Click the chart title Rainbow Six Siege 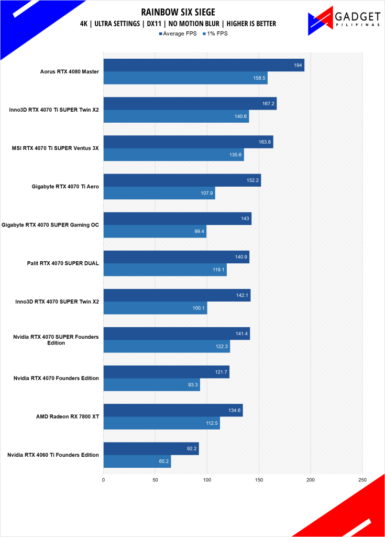click(x=178, y=12)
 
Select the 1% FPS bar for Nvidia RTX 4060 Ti click(x=137, y=461)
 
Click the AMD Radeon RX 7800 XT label click(x=68, y=416)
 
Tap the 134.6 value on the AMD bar click(x=235, y=410)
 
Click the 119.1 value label click(x=218, y=270)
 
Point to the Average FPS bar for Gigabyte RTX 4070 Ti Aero click(x=182, y=180)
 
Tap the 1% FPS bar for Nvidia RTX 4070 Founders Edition click(x=151, y=385)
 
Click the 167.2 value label click(x=269, y=104)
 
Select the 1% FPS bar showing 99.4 click(x=155, y=231)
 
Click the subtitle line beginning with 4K click(x=178, y=24)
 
